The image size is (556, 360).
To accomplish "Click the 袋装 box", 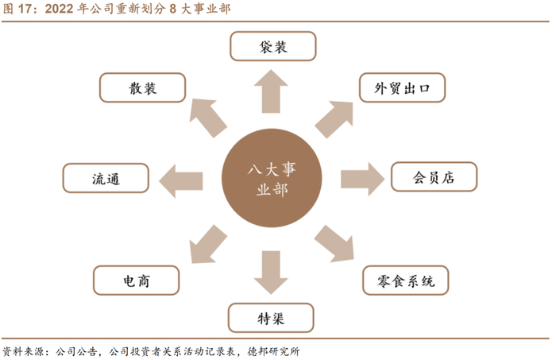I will [272, 47].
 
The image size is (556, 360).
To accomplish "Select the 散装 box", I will [144, 87].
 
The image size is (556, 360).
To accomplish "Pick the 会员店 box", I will [434, 177].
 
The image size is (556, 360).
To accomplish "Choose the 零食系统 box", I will [405, 279].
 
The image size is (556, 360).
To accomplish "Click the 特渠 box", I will [272, 318].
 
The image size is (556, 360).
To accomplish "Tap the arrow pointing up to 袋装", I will [272, 89].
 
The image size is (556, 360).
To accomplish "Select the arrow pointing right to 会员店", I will [364, 177].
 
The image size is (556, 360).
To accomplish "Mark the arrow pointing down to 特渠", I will [272, 273].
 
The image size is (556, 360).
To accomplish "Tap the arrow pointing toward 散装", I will [208, 116].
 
